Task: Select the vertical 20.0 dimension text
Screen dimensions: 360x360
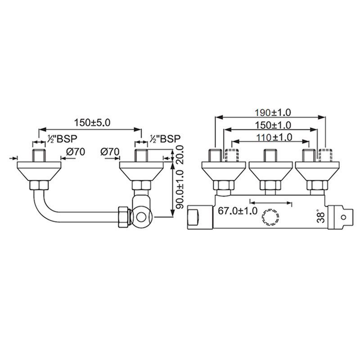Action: (x=180, y=154)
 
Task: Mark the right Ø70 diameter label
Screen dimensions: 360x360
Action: (x=111, y=152)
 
